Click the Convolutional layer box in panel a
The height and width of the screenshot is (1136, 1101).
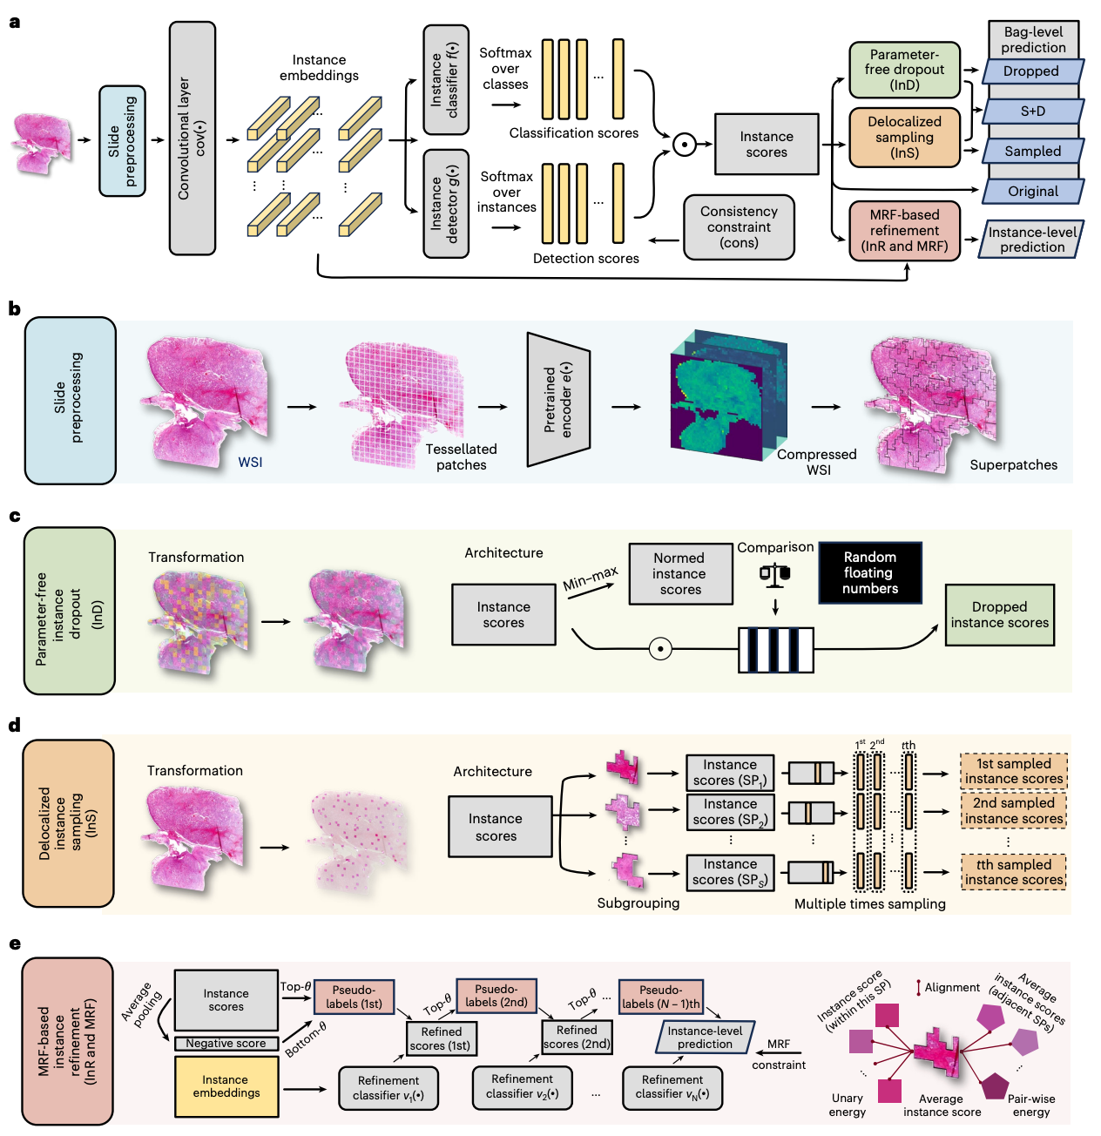(x=193, y=139)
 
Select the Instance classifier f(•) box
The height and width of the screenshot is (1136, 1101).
(x=445, y=79)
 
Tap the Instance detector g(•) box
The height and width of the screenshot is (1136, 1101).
(x=445, y=204)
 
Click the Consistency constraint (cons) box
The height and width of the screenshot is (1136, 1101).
(x=739, y=227)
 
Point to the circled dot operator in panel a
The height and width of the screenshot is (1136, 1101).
(x=685, y=145)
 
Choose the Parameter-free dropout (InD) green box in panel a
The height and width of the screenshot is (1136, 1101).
(x=904, y=70)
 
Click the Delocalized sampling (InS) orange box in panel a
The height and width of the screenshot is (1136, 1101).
(x=904, y=138)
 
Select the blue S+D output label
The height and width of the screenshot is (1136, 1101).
(x=1033, y=112)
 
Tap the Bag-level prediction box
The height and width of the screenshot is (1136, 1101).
(x=1033, y=40)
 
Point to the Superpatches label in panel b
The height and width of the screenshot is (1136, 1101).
(x=1013, y=465)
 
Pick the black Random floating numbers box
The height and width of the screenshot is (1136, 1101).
(x=869, y=573)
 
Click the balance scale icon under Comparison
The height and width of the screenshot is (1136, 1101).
(x=774, y=574)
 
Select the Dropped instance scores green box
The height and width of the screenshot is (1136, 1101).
(x=999, y=615)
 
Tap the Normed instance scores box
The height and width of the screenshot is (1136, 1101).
(x=679, y=574)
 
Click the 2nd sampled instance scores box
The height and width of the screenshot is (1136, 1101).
(x=1013, y=811)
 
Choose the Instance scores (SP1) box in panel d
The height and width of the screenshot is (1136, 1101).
(x=730, y=773)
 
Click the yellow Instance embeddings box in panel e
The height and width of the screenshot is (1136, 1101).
(x=226, y=1086)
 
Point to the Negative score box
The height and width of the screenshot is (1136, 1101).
(x=226, y=1044)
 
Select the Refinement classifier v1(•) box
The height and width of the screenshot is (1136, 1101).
(x=388, y=1088)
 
